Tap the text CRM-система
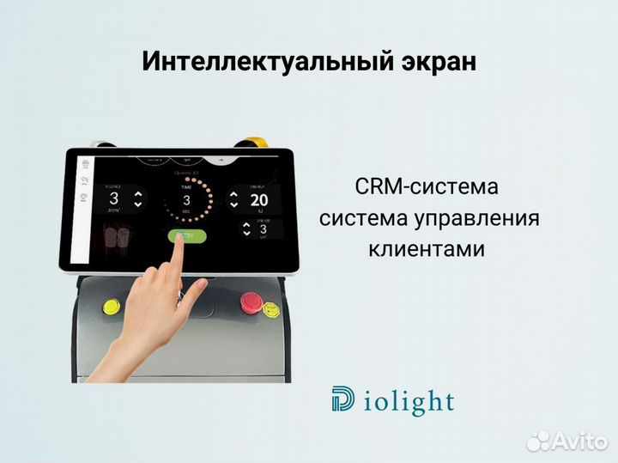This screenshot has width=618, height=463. (425, 186)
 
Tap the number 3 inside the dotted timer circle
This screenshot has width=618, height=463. (186, 201)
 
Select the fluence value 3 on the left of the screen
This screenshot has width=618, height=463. (113, 199)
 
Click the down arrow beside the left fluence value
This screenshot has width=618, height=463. (138, 206)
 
